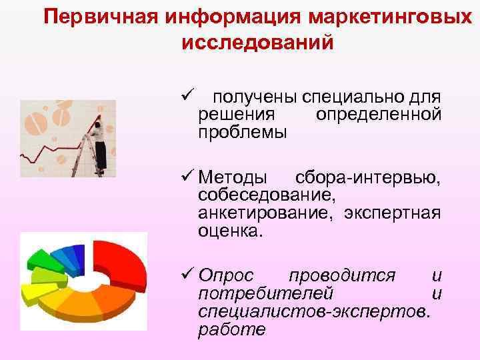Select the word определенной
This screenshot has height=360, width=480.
click(378, 115)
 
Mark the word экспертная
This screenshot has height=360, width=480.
click(393, 213)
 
